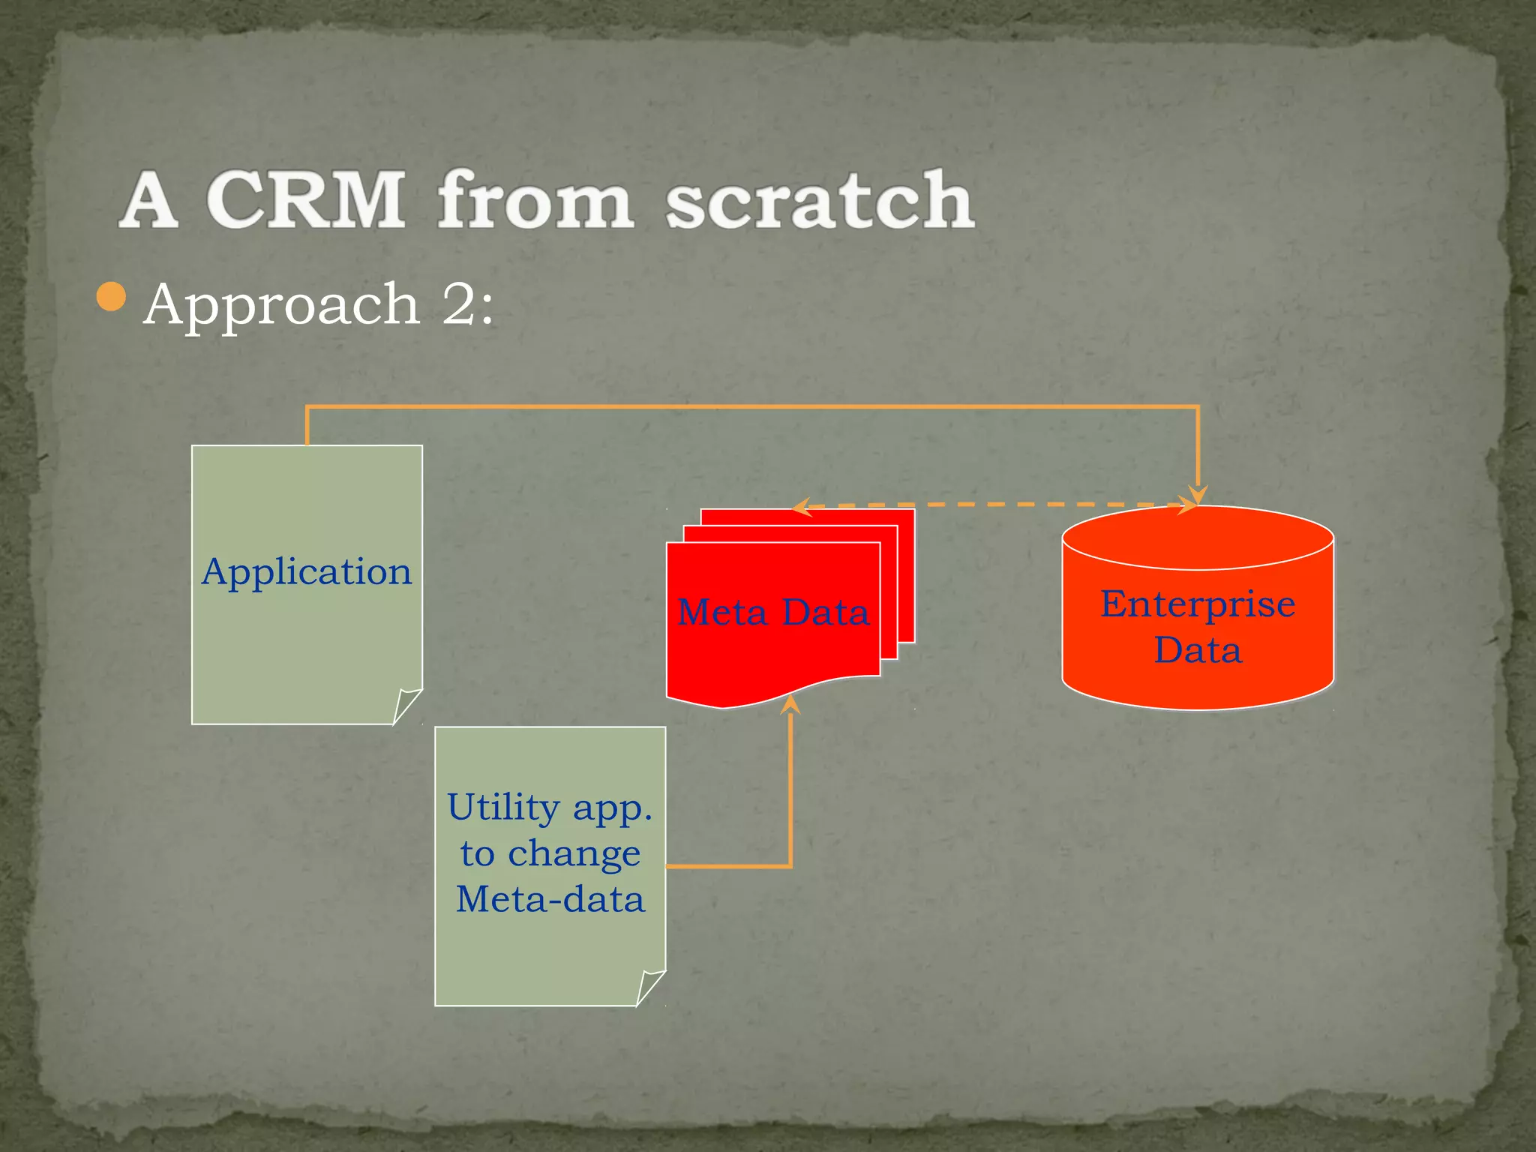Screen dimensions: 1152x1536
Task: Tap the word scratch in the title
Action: click(819, 200)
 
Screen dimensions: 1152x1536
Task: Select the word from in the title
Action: click(535, 200)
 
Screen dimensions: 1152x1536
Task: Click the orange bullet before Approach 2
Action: click(112, 296)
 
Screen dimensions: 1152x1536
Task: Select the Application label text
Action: click(307, 571)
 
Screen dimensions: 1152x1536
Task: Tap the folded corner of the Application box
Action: click(406, 706)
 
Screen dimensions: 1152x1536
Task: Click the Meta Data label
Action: click(773, 612)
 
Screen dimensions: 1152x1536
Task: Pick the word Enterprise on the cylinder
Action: click(1198, 604)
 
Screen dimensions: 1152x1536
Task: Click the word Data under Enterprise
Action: click(1198, 649)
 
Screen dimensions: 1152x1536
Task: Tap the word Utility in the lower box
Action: click(502, 808)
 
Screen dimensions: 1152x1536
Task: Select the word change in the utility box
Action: click(574, 853)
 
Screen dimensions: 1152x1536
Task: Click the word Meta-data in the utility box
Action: click(550, 898)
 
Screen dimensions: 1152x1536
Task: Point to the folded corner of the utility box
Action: click(649, 987)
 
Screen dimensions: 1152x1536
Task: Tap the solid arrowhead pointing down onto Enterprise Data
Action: click(1198, 495)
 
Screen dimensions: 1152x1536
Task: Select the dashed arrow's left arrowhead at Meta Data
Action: click(801, 508)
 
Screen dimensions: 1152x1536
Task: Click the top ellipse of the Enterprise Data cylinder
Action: click(1198, 537)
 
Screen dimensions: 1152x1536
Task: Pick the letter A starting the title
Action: click(150, 200)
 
